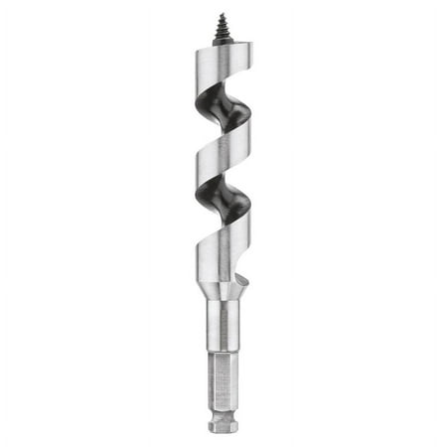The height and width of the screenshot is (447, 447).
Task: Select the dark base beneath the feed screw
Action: point(223,42)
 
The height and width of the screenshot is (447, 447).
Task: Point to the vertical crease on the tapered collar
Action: point(223,291)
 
